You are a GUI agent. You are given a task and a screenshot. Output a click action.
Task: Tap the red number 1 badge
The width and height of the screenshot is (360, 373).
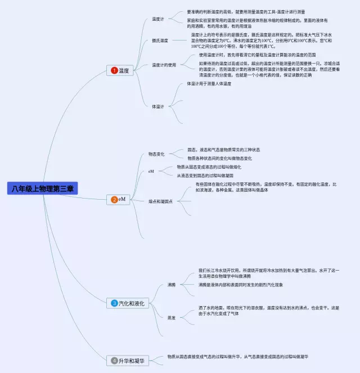[x=114, y=70]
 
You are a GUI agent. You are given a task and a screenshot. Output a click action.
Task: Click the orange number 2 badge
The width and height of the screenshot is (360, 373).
[x=114, y=199]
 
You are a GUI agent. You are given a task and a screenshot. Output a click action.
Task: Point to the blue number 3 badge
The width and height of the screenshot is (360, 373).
[x=114, y=304]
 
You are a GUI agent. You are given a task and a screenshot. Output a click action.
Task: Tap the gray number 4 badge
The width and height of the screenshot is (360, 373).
[x=114, y=360]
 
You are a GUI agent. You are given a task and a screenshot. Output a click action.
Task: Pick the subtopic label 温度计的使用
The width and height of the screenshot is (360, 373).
[x=164, y=65]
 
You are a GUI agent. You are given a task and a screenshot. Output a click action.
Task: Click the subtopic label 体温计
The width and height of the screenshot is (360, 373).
[x=158, y=106]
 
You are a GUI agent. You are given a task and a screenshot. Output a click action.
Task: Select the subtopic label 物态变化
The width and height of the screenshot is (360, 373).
[x=156, y=154]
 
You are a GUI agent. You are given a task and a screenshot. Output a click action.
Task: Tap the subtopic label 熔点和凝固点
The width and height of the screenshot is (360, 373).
[x=160, y=201]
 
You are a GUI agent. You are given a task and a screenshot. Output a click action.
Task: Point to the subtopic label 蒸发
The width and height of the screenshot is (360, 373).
[x=171, y=317]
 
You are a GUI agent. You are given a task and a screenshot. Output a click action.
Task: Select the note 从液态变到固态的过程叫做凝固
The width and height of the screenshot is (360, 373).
[x=205, y=176]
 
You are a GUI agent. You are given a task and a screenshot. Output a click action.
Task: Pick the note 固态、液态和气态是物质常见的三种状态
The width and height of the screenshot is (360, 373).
[x=223, y=150]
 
